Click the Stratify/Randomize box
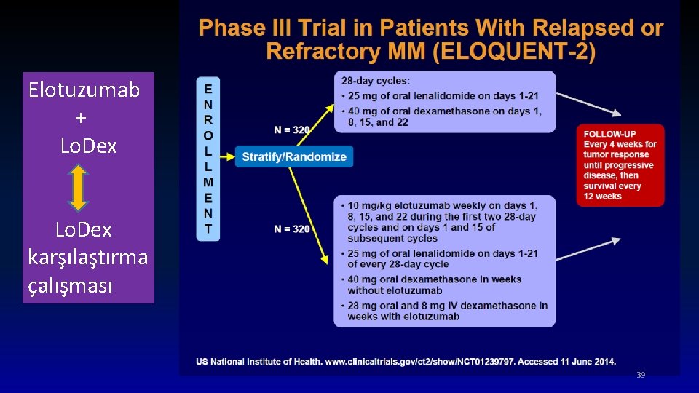tap(294, 156)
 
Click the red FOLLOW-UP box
tap(620, 165)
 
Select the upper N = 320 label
tap(292, 130)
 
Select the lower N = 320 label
tap(292, 229)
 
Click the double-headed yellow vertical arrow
tap(79, 187)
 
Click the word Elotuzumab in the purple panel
tap(84, 90)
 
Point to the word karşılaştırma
tap(88, 257)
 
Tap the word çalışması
tap(70, 285)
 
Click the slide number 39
tap(641, 375)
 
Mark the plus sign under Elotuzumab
tap(80, 117)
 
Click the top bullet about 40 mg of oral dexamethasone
tap(444, 116)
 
